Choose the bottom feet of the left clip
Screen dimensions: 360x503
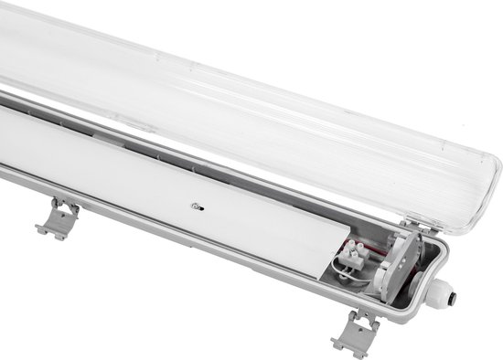click(48, 235)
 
